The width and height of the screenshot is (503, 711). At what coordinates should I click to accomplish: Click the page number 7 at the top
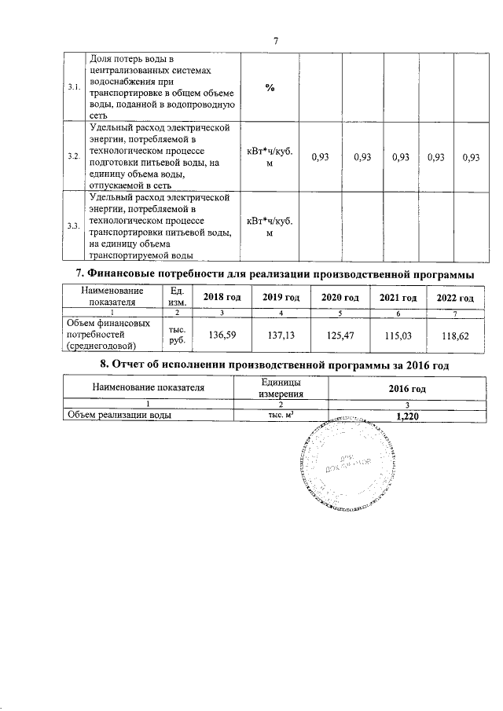(x=275, y=41)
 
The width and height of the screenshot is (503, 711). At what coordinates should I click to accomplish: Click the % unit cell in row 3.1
(x=269, y=87)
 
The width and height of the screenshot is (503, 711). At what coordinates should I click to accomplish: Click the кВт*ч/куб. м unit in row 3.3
(x=269, y=226)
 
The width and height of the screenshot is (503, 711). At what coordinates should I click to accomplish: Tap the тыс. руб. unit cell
(x=172, y=335)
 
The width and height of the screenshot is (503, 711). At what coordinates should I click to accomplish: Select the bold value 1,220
(x=408, y=417)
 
